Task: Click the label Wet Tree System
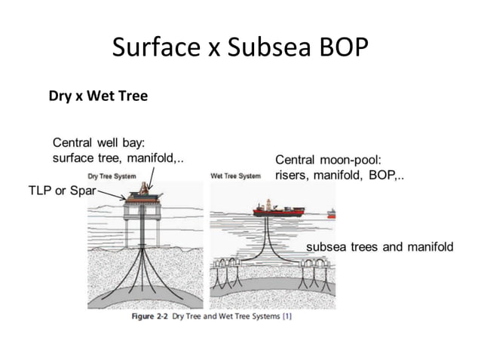click(x=235, y=177)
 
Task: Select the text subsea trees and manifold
click(x=379, y=246)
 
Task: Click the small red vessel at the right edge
click(x=331, y=215)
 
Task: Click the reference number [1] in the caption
click(x=287, y=317)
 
